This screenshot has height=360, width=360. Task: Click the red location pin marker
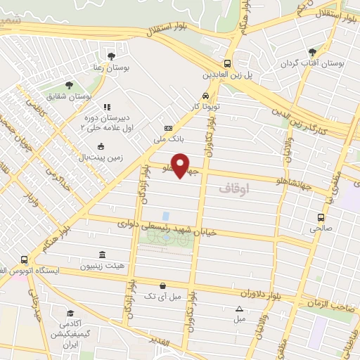[181, 167]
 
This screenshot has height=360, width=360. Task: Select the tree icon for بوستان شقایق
[68, 85]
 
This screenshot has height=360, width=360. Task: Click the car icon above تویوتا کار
[204, 96]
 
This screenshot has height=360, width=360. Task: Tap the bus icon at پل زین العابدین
[226, 62]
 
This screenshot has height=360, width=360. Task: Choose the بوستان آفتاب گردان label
[319, 63]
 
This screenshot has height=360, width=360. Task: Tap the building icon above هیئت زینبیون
[103, 254]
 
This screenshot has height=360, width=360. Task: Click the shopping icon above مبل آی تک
[164, 286]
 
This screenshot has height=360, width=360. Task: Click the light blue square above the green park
[165, 215]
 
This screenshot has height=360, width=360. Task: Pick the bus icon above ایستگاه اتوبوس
[25, 259]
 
